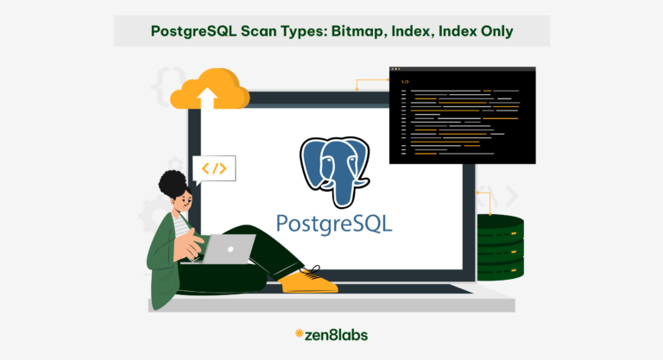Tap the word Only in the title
pyautogui.click(x=491, y=32)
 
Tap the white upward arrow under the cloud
pyautogui.click(x=206, y=96)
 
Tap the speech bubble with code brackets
pyautogui.click(x=214, y=168)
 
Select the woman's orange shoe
pyautogui.click(x=309, y=280)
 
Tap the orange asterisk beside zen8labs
pyautogui.click(x=299, y=333)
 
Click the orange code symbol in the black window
pyautogui.click(x=406, y=81)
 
